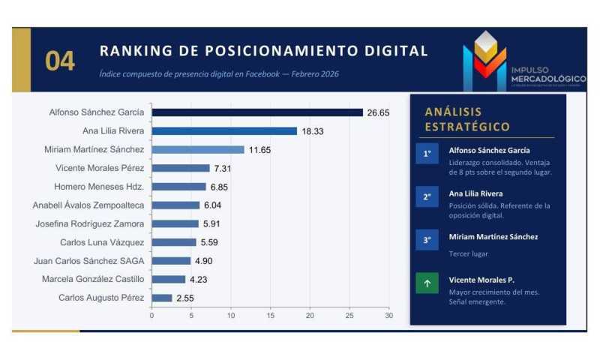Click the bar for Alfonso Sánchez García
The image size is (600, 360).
tap(257, 112)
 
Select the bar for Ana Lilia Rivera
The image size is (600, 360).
tap(224, 131)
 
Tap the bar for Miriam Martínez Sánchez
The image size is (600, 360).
tap(198, 150)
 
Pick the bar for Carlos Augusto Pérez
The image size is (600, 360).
tap(162, 298)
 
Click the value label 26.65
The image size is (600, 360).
tap(379, 112)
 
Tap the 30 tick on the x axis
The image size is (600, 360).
tap(388, 316)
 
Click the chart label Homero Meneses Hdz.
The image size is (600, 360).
tap(99, 187)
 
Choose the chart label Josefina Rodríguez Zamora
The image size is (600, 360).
tap(90, 223)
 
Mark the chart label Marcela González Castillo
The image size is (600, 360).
tap(94, 279)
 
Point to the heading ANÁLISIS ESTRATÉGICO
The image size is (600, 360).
tap(466, 119)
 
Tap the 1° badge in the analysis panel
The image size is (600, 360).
tap(427, 154)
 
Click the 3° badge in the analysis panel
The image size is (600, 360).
tap(427, 240)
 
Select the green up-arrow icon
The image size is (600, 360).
tap(427, 284)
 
